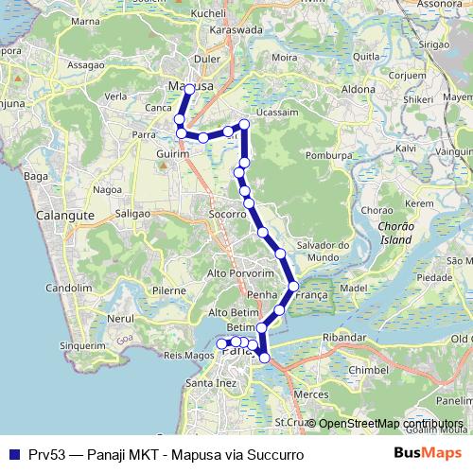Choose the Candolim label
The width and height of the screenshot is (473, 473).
coord(67,286)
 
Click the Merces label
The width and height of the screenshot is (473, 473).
coord(310,393)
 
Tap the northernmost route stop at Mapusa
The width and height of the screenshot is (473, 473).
coord(189,89)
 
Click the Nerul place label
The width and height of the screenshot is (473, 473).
coord(121,319)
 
